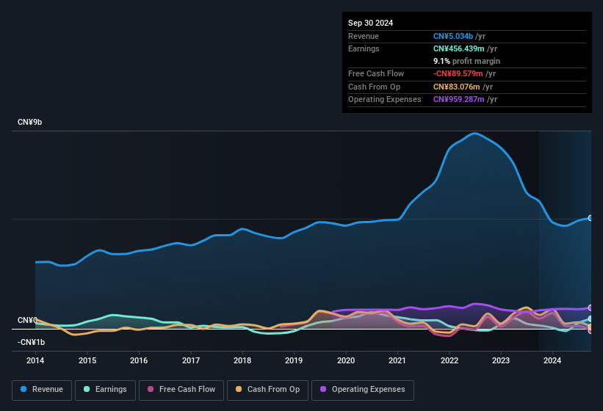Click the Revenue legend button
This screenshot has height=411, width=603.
[x=42, y=390]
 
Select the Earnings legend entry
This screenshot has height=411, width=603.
[x=105, y=390]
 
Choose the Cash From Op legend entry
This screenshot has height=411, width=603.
[x=268, y=390]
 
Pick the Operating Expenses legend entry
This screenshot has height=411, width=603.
[x=363, y=390]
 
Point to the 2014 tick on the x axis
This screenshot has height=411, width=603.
[x=35, y=360]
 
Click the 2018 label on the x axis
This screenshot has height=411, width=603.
[x=242, y=360]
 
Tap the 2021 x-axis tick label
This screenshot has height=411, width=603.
[x=397, y=360]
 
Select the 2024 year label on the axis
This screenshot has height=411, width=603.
[x=552, y=360]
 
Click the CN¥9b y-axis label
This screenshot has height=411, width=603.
[x=30, y=122]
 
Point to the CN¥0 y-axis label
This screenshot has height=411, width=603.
[x=27, y=321]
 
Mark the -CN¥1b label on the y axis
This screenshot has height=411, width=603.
[x=32, y=342]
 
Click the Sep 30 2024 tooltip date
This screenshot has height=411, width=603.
[x=370, y=23]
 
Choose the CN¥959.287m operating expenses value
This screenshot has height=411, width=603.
[x=458, y=99]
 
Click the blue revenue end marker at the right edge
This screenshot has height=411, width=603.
[x=590, y=218]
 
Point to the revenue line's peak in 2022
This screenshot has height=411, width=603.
[x=475, y=134]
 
